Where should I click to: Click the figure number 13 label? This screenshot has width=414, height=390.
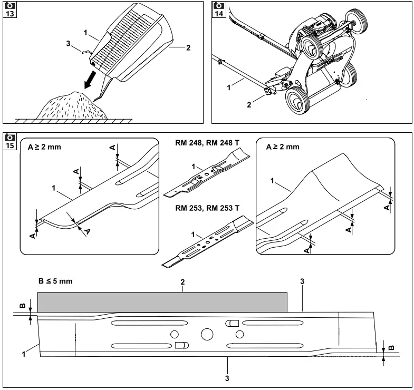10,14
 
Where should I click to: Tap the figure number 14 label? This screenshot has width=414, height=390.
218,14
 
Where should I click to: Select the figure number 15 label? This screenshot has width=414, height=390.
10,145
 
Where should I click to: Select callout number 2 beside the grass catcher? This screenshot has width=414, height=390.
188,48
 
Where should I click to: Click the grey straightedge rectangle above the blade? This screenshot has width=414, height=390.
162,303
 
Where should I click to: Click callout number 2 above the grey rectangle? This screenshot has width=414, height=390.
182,283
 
